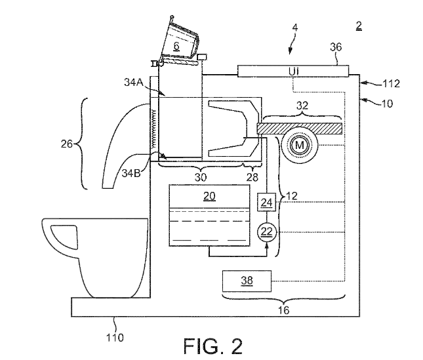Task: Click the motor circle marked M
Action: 300,146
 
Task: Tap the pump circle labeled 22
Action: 267,231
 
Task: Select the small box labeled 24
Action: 266,202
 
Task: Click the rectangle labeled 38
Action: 247,281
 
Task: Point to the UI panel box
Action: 293,71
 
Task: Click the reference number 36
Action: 336,47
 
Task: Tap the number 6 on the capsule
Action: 176,46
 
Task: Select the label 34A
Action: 134,82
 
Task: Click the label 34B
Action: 131,173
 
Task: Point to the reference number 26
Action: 67,144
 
